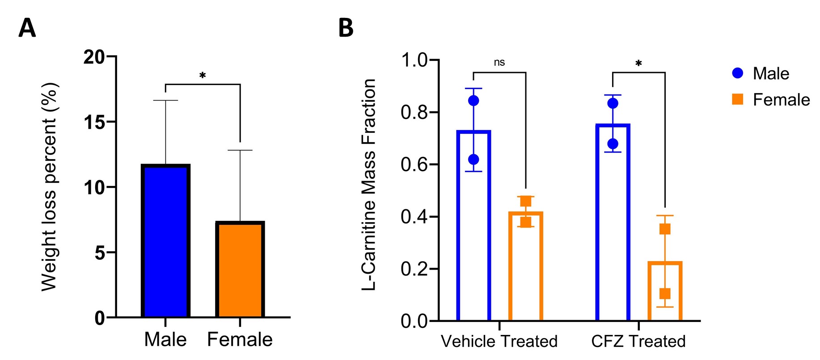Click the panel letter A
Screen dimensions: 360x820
tap(27, 28)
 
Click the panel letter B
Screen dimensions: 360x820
tap(346, 28)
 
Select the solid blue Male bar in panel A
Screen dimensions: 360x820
tap(165, 241)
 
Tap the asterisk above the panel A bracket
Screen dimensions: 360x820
tap(203, 76)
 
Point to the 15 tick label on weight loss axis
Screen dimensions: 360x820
tap(94, 122)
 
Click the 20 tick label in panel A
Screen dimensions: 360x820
tap(94, 57)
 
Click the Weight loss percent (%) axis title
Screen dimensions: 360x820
tap(49, 187)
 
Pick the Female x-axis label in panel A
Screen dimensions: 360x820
tap(240, 340)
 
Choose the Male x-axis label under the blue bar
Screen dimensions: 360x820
tap(165, 340)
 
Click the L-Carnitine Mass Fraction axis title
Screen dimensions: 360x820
tap(369, 185)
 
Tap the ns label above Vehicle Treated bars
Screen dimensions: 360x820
tap(499, 63)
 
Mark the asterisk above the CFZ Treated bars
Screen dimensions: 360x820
tap(638, 64)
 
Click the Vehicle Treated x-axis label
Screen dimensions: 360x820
tap(499, 342)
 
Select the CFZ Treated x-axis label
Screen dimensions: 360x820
tap(638, 342)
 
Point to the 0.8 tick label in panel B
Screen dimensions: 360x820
tap(414, 112)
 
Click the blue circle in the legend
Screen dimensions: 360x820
tap(738, 73)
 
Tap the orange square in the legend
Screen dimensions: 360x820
tap(738, 99)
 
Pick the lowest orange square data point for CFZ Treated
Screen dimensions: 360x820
tap(665, 294)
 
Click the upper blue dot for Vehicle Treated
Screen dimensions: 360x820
tap(473, 101)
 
